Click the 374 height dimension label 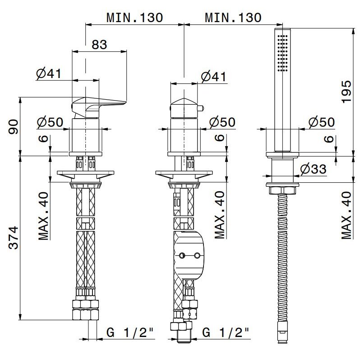click(13, 238)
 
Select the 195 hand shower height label click(346, 92)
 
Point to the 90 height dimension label click(13, 126)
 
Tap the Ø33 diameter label click(313, 169)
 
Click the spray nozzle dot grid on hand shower click(282, 53)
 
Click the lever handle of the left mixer click(99, 105)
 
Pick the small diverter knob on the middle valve click(200, 108)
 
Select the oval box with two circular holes click(189, 255)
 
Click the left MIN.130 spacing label click(135, 18)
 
